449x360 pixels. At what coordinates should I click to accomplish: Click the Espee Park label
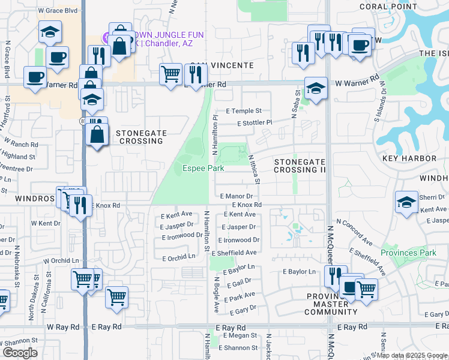click(203, 169)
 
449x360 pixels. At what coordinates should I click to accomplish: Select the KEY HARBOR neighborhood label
click(409, 158)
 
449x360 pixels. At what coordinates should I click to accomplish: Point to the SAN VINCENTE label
click(220, 65)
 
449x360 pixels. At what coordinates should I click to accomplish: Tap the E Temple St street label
click(244, 111)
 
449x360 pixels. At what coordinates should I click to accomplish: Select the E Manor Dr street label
click(239, 196)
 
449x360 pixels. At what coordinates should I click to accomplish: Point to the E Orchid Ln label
click(179, 257)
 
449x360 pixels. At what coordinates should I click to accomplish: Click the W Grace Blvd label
click(58, 11)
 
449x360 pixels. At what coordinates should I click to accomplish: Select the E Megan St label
click(240, 337)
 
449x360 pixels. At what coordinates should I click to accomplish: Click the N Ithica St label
click(254, 169)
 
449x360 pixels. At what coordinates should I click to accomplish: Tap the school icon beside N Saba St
click(316, 88)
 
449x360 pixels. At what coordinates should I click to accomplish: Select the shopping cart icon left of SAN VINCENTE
click(171, 74)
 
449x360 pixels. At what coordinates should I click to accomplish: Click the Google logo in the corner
click(19, 353)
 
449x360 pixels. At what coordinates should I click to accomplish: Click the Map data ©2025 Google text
click(411, 356)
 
